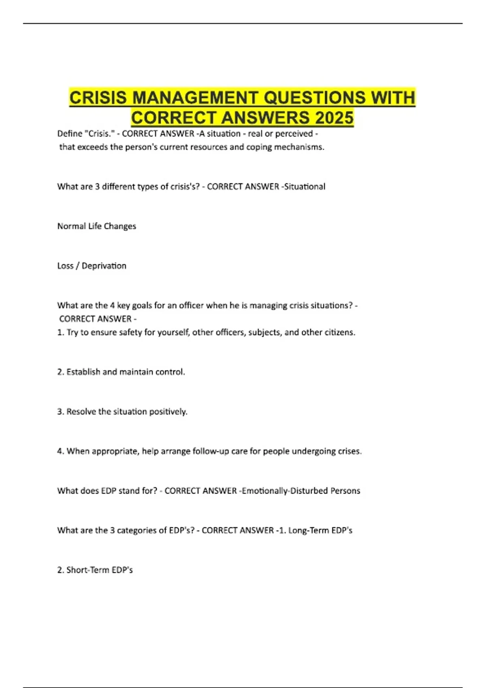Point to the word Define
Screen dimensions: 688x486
coord(70,134)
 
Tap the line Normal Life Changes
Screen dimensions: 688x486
coord(96,226)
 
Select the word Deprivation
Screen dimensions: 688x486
coord(104,266)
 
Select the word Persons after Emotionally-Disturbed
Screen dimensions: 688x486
coord(345,491)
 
